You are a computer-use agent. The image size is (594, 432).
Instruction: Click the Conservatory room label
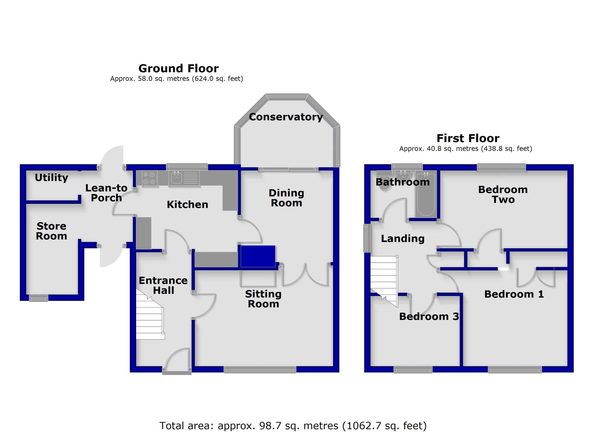tap(286, 117)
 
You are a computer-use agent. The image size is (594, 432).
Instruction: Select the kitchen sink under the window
tap(176, 178)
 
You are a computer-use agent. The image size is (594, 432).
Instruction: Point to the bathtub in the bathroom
tap(426, 194)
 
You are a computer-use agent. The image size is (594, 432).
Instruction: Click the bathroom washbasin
tap(403, 175)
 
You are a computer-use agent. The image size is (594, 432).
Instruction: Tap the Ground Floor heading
tap(178, 68)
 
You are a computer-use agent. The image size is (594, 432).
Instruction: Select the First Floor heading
tap(468, 138)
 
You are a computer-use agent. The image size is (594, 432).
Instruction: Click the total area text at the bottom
tap(293, 426)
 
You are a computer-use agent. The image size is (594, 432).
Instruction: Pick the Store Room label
tap(51, 231)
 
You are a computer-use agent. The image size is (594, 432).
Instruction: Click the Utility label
tap(51, 177)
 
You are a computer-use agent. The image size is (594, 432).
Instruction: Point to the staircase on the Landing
tap(384, 279)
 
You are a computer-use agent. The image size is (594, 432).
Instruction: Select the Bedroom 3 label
tap(429, 316)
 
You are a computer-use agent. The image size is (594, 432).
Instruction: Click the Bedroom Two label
tap(503, 194)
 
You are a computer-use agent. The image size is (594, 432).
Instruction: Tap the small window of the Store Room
tap(39, 298)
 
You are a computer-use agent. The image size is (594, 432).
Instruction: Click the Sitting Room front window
tap(260, 369)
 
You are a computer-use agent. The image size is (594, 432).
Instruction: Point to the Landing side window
tap(367, 238)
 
